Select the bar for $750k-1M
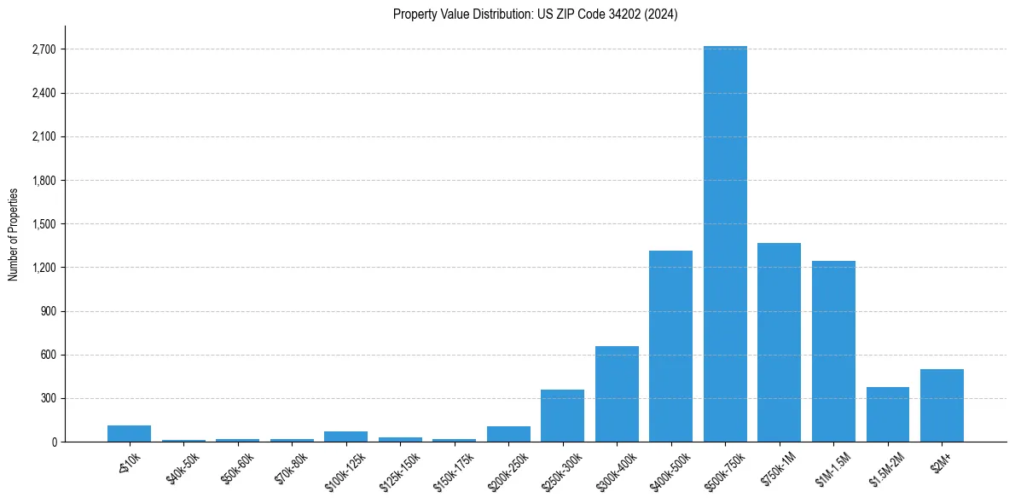(779, 342)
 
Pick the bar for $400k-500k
(670, 346)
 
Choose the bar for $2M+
(942, 406)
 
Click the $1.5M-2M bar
(887, 414)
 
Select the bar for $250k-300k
(562, 416)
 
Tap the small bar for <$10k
(129, 433)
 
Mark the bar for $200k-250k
(508, 434)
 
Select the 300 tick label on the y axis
(48, 398)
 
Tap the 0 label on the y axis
(54, 442)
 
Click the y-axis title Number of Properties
(13, 234)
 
